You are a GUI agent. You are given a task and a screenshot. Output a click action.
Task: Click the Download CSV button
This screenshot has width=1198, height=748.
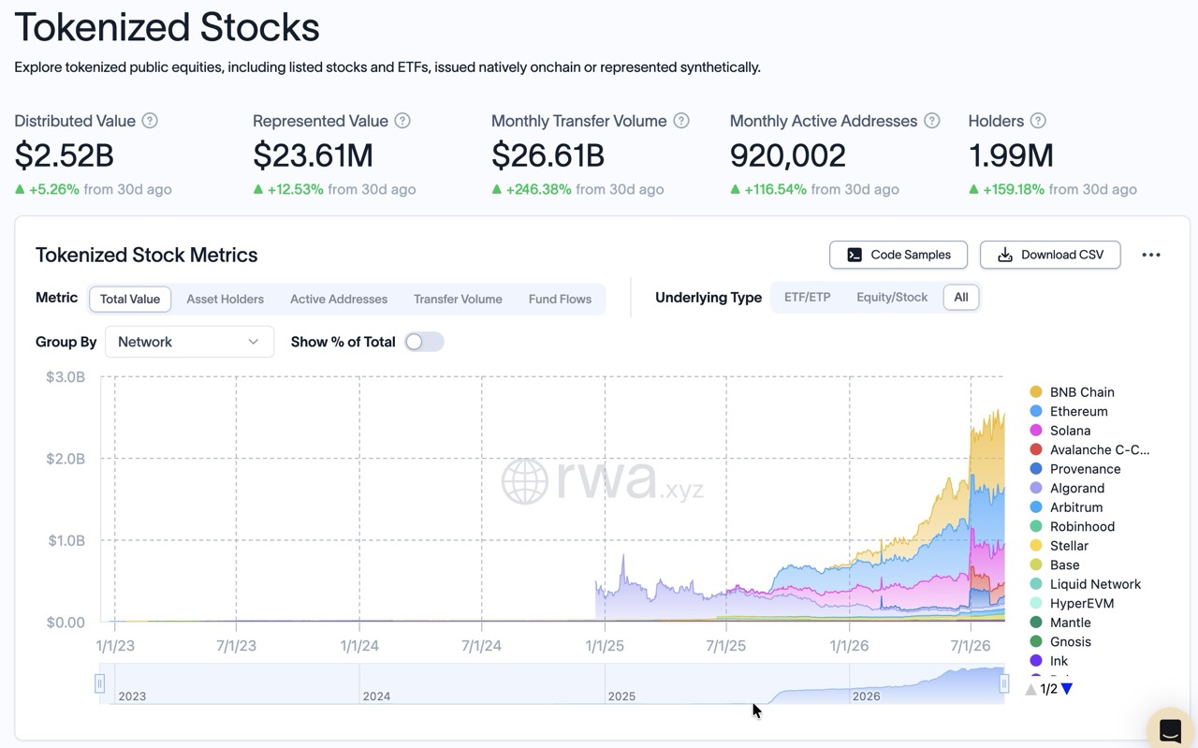click(1050, 255)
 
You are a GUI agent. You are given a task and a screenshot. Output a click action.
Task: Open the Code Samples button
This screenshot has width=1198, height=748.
click(898, 255)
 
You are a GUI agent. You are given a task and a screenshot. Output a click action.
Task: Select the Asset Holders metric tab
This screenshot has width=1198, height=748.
click(226, 299)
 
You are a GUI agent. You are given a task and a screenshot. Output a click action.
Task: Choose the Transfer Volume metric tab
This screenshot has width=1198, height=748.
click(458, 299)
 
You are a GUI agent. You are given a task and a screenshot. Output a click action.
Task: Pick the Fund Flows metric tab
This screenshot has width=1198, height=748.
click(560, 299)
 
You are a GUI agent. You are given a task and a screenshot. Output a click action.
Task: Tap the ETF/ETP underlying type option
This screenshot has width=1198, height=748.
click(807, 298)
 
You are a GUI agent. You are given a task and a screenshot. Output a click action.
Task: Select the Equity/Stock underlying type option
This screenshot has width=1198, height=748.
click(892, 298)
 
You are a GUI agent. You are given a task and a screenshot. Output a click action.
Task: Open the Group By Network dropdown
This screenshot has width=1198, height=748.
click(189, 342)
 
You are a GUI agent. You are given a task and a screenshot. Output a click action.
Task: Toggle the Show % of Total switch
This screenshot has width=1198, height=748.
click(424, 342)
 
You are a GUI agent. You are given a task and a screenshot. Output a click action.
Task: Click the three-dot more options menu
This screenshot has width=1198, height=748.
click(1151, 255)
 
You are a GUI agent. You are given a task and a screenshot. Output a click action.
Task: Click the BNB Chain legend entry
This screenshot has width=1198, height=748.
click(1073, 392)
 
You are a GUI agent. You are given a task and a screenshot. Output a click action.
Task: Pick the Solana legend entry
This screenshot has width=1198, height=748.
click(1060, 431)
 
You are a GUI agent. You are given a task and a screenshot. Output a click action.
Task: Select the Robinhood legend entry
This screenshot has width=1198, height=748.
click(1073, 526)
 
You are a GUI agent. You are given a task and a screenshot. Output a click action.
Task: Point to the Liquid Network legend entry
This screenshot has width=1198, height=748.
click(1085, 584)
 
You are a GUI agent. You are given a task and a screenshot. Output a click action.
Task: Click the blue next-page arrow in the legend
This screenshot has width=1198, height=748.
click(1067, 689)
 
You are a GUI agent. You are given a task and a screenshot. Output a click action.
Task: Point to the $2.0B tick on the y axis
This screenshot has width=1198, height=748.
click(66, 459)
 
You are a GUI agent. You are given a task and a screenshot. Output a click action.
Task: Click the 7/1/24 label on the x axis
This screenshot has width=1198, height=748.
click(481, 646)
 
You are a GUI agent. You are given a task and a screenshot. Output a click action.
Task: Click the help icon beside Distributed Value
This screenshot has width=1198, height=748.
click(150, 121)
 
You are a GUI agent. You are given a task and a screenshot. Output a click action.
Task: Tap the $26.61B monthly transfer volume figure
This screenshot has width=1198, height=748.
click(548, 155)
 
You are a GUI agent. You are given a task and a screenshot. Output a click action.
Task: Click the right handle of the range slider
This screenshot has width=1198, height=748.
click(1004, 683)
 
